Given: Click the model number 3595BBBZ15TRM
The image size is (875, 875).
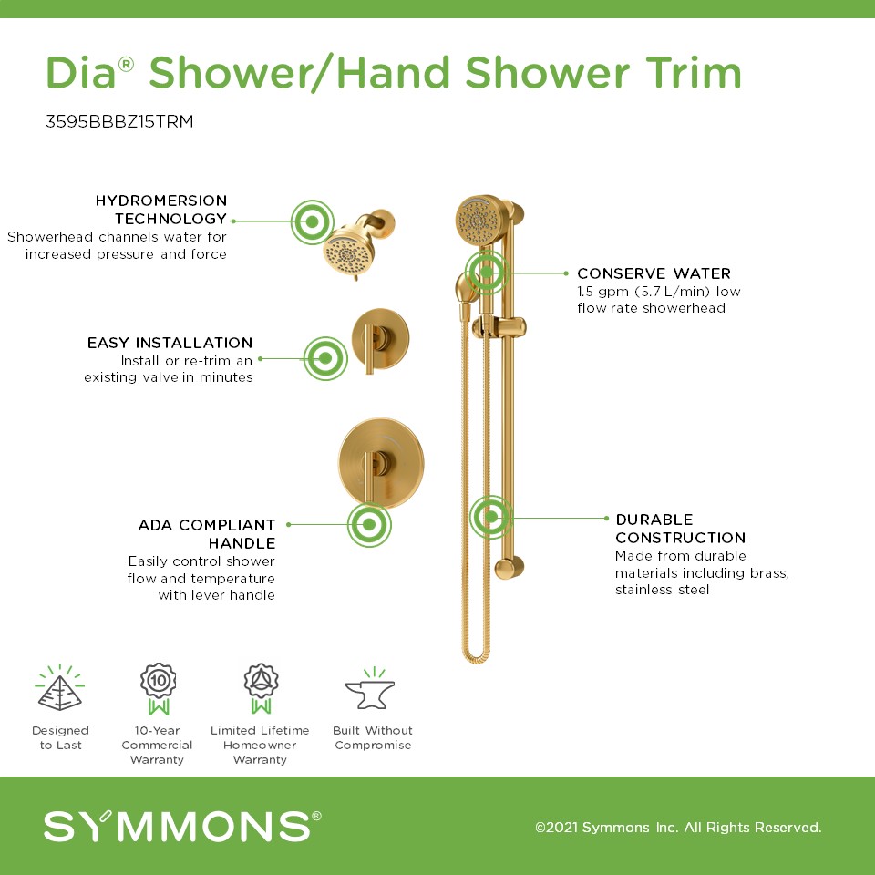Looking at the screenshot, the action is (x=119, y=121).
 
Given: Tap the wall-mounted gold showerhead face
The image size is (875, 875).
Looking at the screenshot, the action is (x=348, y=254).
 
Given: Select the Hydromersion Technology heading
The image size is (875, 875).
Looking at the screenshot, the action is (x=161, y=210).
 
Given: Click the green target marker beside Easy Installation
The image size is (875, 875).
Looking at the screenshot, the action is (x=325, y=358).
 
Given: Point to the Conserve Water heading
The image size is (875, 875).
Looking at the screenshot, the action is (x=654, y=273).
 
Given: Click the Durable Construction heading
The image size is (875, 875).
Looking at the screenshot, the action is (x=680, y=529).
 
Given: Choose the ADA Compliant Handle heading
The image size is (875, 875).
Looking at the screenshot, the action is (x=207, y=534).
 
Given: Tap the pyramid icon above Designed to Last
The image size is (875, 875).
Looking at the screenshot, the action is (x=60, y=687).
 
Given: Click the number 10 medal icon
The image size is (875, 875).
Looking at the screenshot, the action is (x=158, y=689).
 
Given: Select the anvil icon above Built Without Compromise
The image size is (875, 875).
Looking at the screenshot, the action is (x=370, y=689).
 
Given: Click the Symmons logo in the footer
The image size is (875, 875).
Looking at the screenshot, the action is (x=182, y=827).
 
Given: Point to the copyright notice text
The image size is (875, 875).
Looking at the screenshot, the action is (x=678, y=827).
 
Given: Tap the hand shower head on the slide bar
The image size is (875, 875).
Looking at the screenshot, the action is (x=479, y=221).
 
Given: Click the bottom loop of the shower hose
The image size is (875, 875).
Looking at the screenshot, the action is (x=476, y=656).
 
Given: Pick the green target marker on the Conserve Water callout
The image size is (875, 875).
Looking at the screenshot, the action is (x=487, y=272).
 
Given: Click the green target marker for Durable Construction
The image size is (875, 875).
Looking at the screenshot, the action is (x=491, y=518).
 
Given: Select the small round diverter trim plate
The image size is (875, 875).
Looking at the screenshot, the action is (x=380, y=338).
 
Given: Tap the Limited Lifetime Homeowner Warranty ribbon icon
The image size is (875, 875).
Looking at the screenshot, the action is (x=261, y=689).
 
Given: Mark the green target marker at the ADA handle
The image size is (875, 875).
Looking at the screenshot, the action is (x=369, y=525).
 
